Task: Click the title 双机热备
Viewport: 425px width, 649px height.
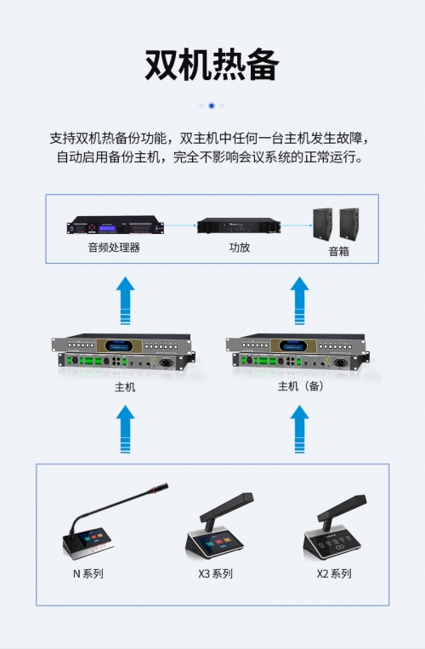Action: pos(212,65)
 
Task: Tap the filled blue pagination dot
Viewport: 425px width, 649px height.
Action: pos(212,105)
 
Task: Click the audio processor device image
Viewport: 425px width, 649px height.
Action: pos(116,225)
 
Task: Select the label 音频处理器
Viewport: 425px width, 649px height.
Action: pos(114,248)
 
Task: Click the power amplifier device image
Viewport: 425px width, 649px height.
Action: pos(239,225)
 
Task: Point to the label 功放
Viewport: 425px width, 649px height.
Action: pos(240,248)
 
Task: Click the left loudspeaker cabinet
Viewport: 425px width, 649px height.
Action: pos(322,225)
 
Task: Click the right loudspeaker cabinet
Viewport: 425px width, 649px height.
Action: pos(349,224)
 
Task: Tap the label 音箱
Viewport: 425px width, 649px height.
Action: pos(339,251)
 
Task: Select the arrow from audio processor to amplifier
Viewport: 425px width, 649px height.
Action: pos(180,225)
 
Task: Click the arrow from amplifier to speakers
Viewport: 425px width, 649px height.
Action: pos(297,225)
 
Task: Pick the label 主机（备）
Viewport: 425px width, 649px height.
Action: pos(301,386)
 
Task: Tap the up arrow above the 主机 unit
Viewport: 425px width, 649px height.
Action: pos(125,300)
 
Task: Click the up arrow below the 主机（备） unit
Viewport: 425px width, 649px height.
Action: pos(300,429)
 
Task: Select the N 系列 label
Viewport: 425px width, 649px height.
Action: pos(88,573)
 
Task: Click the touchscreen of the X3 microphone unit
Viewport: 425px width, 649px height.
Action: pos(215,543)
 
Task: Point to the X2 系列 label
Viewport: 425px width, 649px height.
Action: pos(334,573)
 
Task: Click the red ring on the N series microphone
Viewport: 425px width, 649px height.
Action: pos(154,490)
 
